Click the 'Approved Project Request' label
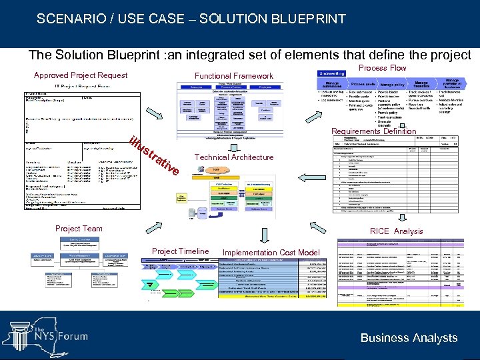tap(80, 75)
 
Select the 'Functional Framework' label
tap(233, 76)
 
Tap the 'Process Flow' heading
tap(382, 68)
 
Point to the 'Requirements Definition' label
tap(373, 132)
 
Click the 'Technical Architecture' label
tap(233, 157)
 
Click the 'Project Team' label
tap(79, 229)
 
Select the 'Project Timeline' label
tap(180, 251)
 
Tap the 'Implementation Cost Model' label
tap(271, 253)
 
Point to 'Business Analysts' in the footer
tap(409, 338)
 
